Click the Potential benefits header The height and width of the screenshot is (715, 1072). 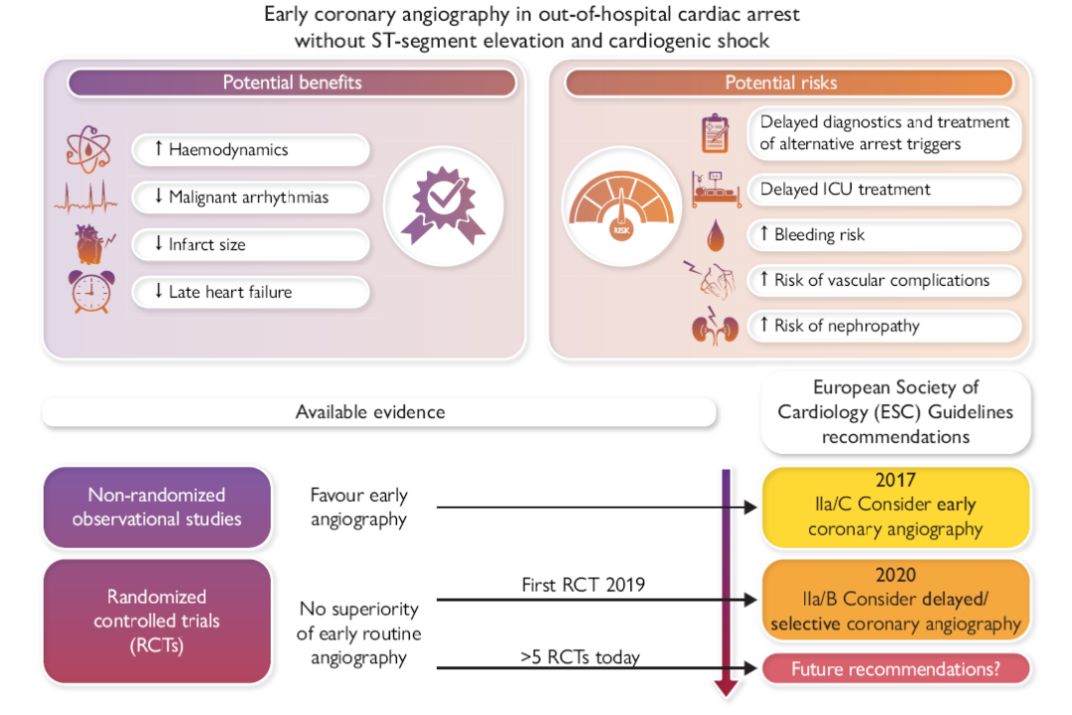[x=292, y=82]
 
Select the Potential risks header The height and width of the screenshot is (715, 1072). [x=788, y=82]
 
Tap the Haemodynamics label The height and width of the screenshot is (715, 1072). [x=251, y=150]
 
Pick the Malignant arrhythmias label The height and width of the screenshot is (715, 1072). [x=251, y=197]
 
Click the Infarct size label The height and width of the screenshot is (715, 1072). [x=251, y=244]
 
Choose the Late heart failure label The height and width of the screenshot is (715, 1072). [x=251, y=292]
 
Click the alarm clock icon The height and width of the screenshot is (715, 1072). [x=89, y=292]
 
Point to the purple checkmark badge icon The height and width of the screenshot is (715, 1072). [x=444, y=209]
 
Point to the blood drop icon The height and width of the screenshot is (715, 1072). [x=715, y=236]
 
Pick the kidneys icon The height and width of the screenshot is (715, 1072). [x=715, y=328]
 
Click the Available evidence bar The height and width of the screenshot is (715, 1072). [x=379, y=411]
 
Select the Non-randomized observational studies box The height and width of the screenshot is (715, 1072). [x=157, y=506]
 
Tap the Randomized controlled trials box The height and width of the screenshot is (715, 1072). [x=157, y=621]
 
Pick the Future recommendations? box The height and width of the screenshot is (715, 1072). [x=895, y=669]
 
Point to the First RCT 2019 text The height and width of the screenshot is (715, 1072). [x=584, y=585]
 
